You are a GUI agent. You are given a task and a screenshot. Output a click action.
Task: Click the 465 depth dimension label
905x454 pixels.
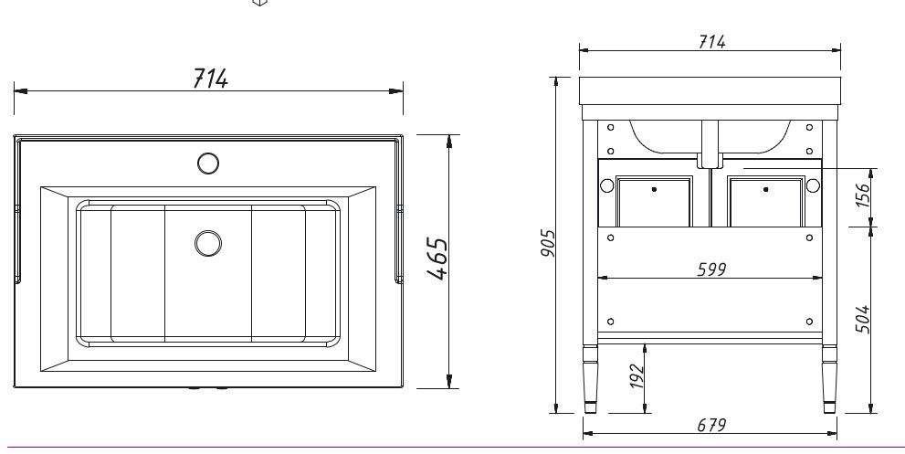(438, 259)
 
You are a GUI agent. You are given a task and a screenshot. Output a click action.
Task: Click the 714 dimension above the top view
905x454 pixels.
(210, 78)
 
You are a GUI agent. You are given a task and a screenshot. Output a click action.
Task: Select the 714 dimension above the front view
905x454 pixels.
(711, 42)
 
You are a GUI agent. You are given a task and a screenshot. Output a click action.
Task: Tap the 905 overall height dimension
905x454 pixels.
(548, 243)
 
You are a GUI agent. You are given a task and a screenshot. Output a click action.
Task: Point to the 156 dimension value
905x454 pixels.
(862, 195)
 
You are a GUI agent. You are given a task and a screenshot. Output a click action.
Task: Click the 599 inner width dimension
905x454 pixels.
(711, 269)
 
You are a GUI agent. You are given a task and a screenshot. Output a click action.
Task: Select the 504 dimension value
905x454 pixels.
(862, 319)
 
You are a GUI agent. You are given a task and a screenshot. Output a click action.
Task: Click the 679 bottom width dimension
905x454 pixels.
(711, 425)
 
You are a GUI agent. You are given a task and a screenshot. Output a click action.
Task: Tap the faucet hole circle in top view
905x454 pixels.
(208, 164)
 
